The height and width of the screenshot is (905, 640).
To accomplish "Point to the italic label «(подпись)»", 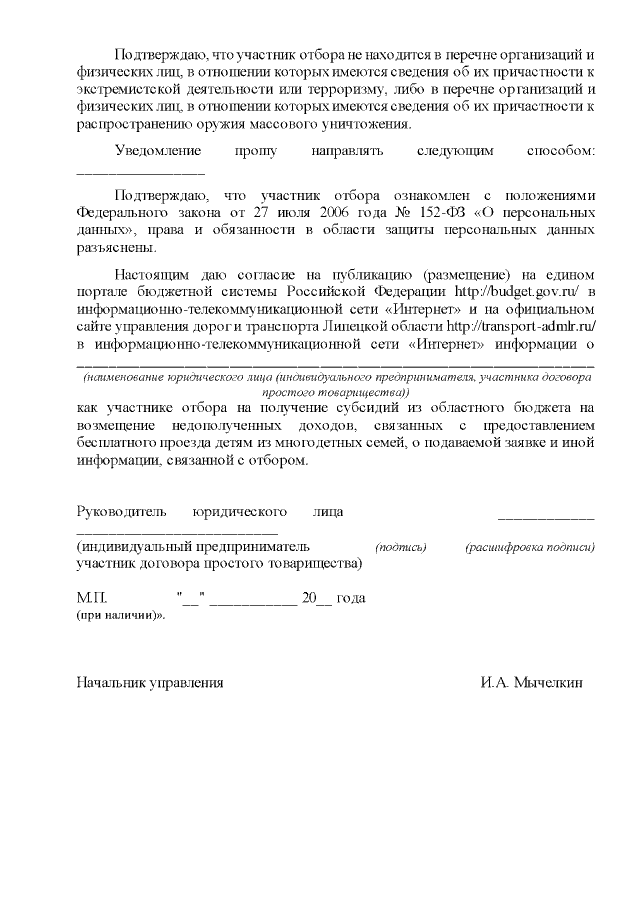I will [x=401, y=548].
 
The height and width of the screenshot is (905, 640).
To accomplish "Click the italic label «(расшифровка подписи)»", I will [x=530, y=548].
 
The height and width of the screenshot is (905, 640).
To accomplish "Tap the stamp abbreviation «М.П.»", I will [x=91, y=597].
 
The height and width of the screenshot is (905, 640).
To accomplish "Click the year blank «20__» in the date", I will [x=315, y=597].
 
